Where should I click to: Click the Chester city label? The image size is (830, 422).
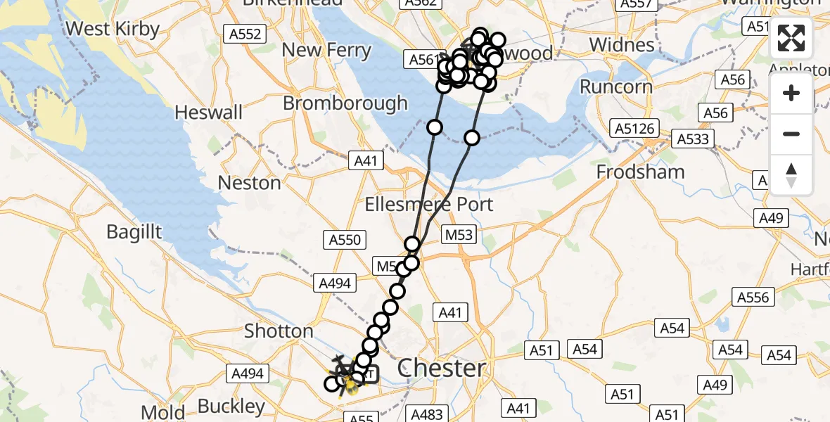[441, 368]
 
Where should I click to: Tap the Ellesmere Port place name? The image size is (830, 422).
[428, 205]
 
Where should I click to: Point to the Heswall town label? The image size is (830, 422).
[208, 113]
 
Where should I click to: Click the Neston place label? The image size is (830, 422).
[249, 183]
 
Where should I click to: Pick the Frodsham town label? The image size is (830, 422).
[640, 172]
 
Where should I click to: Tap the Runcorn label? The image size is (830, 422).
[616, 87]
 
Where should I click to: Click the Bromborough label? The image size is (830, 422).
[345, 103]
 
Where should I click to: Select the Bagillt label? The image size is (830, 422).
[134, 231]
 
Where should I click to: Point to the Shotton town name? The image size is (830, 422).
[279, 331]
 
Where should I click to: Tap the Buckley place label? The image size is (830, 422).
[231, 407]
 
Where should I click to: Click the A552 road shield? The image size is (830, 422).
[245, 34]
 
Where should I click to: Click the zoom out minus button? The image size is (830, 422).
[791, 134]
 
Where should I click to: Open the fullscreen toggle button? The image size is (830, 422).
[791, 39]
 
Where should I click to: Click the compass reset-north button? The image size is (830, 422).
[791, 174]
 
